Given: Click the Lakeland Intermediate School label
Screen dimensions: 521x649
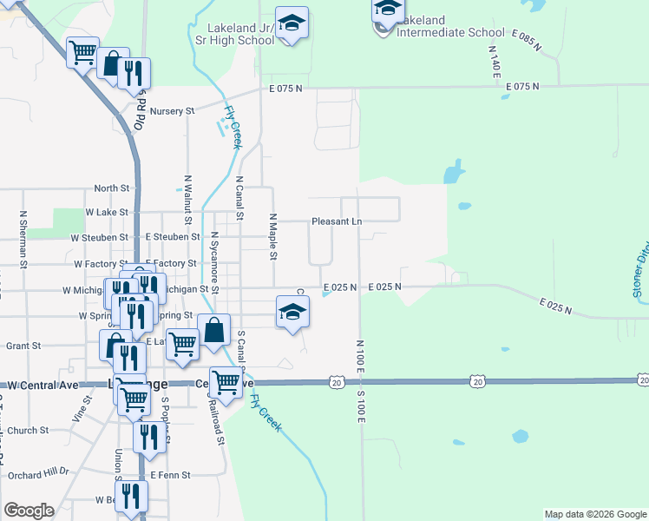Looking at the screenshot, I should point(449,26).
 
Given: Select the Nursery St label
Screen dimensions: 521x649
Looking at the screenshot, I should point(171,111).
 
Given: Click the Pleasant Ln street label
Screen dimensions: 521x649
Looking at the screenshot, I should point(337,221).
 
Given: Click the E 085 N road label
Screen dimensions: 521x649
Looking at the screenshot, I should point(528,41).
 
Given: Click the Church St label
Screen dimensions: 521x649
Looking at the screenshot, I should point(28,430).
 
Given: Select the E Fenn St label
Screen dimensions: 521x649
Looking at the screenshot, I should point(169,475).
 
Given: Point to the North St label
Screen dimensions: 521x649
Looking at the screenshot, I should point(111,188).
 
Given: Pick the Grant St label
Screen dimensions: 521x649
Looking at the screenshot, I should point(23,346).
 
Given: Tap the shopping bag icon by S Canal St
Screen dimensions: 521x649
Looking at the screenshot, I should point(214,332).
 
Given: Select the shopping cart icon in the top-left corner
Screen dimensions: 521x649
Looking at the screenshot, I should point(82,53).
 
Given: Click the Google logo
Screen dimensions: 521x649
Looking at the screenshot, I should point(29,511).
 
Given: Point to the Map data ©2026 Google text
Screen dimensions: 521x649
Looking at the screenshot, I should point(595,514).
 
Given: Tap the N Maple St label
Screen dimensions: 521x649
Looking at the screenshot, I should point(272,237).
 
